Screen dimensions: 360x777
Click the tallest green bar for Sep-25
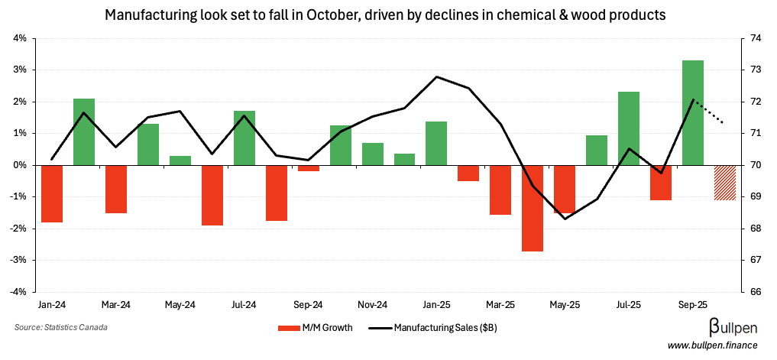692,112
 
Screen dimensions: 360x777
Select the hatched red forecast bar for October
724,183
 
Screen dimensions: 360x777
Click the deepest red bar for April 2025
533,208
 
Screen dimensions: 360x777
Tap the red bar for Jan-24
52,193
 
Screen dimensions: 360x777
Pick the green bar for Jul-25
628,128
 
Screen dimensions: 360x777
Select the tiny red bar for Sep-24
309,168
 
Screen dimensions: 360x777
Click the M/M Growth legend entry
315,328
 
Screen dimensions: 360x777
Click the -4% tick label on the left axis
19,292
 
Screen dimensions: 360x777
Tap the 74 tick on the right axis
753,38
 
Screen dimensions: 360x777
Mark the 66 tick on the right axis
753,292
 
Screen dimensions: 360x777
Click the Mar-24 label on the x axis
115,304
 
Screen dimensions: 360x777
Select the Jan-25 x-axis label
435,304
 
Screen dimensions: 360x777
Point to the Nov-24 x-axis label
372,304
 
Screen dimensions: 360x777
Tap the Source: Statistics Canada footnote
60,328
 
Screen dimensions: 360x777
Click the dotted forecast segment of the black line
709,112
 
